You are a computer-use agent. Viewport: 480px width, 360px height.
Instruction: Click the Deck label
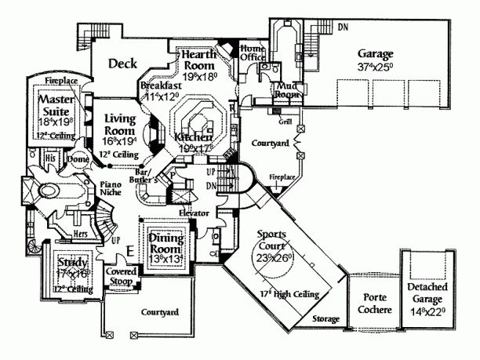[123, 64]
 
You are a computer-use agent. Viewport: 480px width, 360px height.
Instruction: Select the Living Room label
[121, 124]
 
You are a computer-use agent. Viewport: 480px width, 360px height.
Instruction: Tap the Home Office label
[253, 52]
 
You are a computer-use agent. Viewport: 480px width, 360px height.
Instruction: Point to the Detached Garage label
[426, 299]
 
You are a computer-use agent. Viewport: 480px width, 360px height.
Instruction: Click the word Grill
[286, 123]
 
